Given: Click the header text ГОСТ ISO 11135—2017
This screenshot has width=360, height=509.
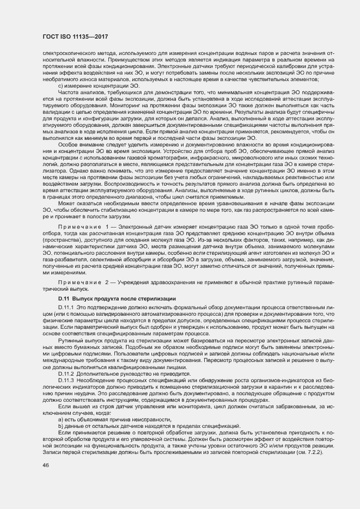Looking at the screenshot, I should click(75, 36).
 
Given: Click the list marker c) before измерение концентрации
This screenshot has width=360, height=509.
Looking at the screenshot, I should click(60, 86).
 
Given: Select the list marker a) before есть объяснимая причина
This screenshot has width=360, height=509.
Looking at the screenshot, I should click(60, 420).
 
